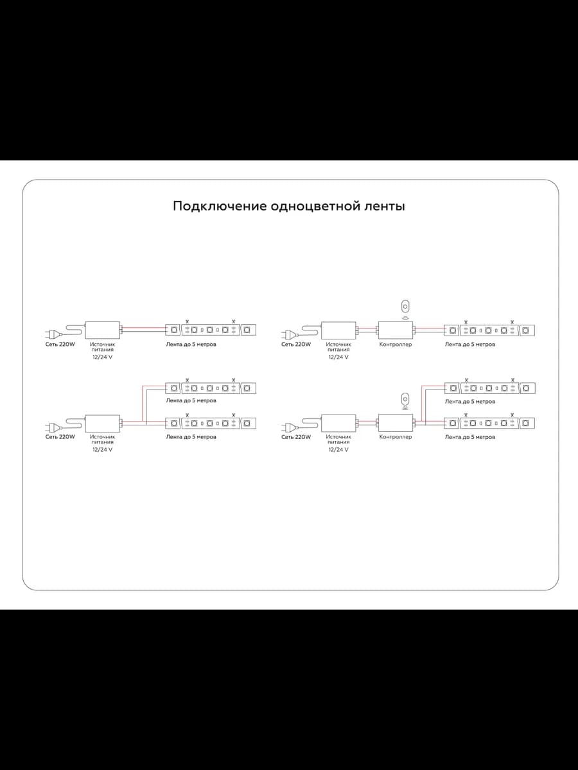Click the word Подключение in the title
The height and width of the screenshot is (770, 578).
point(220,206)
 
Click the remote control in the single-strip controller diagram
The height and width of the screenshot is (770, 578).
point(405,307)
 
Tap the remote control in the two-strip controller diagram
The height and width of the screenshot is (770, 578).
point(405,399)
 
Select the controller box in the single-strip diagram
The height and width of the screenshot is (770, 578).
point(395,330)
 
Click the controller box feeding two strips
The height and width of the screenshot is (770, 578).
point(395,423)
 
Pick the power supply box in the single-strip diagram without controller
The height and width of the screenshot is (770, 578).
point(103,330)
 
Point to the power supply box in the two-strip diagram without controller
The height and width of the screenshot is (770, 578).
point(103,424)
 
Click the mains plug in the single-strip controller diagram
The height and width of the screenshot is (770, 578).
point(290,335)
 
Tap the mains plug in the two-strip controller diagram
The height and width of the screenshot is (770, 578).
point(290,427)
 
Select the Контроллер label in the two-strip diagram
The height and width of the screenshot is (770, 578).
point(396,437)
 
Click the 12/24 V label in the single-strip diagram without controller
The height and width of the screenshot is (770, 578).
point(103,357)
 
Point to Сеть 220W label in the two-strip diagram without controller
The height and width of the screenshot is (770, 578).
point(60,437)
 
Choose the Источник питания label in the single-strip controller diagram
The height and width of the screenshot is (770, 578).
point(338,347)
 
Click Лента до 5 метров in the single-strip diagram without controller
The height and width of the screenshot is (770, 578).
point(191,344)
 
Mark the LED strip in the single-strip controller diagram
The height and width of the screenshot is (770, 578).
point(489,330)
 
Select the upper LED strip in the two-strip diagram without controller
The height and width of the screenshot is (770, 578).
point(211,388)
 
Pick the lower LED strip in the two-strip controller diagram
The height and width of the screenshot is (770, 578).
point(489,423)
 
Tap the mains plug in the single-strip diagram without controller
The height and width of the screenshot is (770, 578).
point(54,334)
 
